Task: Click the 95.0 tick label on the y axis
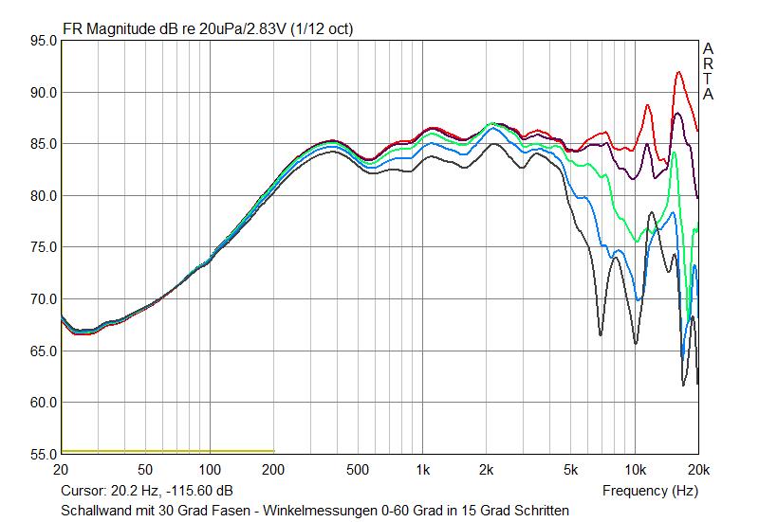pos(44,41)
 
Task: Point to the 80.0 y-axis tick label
pos(44,196)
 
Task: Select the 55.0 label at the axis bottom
pos(44,455)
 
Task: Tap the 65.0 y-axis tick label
pos(44,351)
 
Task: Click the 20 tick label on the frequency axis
pos(62,470)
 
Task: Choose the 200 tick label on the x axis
pos(273,470)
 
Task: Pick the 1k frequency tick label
pos(422,470)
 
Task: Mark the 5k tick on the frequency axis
pos(571,470)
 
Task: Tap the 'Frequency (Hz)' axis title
pos(650,491)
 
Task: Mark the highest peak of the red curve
pos(678,72)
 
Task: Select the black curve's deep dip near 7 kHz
pos(601,334)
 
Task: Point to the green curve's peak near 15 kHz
pos(674,152)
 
